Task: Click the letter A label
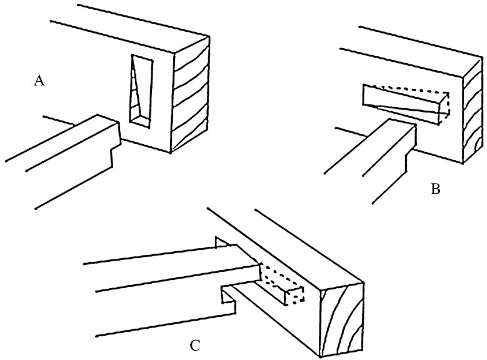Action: (x=39, y=81)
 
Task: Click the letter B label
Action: (x=436, y=189)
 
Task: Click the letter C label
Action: (x=195, y=346)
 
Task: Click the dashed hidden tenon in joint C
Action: (x=281, y=282)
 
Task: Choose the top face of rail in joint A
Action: (x=62, y=143)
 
